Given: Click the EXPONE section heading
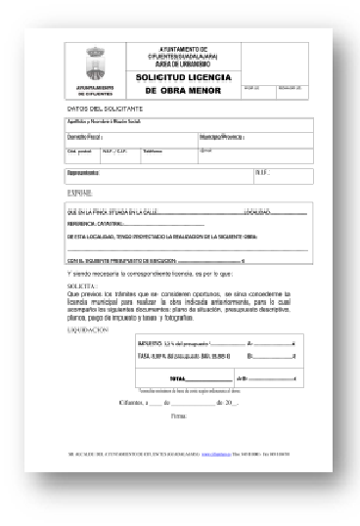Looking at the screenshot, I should (79, 194).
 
